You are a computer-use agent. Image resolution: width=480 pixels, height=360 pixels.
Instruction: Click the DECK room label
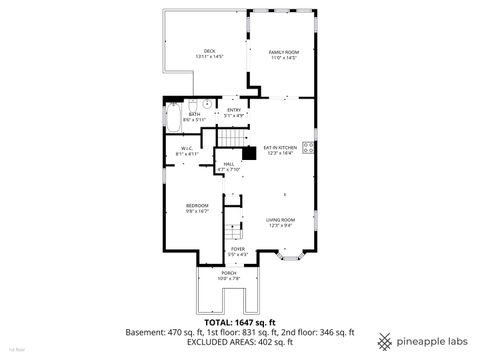[x=209, y=54]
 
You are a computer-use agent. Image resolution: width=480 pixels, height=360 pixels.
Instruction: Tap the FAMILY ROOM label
[x=284, y=54]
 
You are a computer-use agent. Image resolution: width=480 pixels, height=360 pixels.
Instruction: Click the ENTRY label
[x=234, y=112]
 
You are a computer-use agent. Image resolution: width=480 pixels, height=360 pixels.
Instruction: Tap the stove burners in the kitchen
[x=309, y=151]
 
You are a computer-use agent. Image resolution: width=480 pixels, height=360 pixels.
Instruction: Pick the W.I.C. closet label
[x=187, y=152]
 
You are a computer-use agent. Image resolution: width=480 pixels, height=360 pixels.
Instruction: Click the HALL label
[x=229, y=166]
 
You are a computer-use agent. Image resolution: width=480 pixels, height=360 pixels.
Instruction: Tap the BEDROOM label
[x=196, y=207]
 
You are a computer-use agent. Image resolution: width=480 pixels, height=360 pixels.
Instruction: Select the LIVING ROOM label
[x=279, y=222]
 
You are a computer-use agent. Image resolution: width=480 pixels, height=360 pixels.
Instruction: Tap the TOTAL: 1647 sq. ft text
[x=239, y=321]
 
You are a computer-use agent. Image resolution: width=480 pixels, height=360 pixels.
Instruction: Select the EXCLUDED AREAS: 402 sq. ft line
[x=239, y=342]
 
